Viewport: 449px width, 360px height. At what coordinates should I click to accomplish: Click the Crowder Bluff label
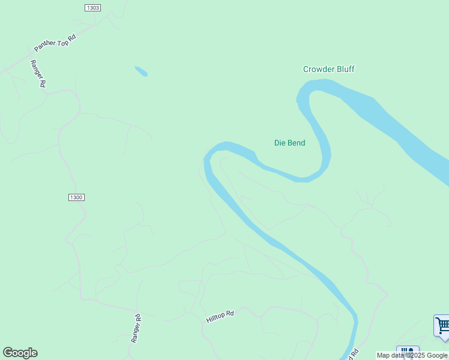[x=328, y=69]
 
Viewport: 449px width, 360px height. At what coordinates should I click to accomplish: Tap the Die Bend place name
[x=289, y=143]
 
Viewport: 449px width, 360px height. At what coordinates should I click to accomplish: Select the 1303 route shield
[x=92, y=8]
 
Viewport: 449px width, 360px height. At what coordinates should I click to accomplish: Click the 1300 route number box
[x=76, y=197]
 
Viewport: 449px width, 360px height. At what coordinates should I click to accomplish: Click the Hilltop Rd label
[x=220, y=316]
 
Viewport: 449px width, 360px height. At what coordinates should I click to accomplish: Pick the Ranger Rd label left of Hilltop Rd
[x=136, y=329]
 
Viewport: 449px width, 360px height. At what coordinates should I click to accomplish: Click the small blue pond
[x=141, y=71]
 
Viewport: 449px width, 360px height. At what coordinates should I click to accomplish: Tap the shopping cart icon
[x=442, y=326]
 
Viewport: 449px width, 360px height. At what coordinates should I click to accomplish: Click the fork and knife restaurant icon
[x=408, y=352]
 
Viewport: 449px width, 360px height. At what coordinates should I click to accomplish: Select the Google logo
[x=20, y=353]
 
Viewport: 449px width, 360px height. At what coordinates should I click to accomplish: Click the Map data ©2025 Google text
[x=412, y=355]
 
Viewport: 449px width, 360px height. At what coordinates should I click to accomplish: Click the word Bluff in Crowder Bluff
[x=345, y=69]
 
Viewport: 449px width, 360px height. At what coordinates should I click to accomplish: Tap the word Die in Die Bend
[x=279, y=143]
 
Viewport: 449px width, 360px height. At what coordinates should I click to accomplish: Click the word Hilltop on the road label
[x=215, y=318]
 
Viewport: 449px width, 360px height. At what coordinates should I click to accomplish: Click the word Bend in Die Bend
[x=296, y=143]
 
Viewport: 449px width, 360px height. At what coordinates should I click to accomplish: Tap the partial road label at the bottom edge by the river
[x=354, y=354]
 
